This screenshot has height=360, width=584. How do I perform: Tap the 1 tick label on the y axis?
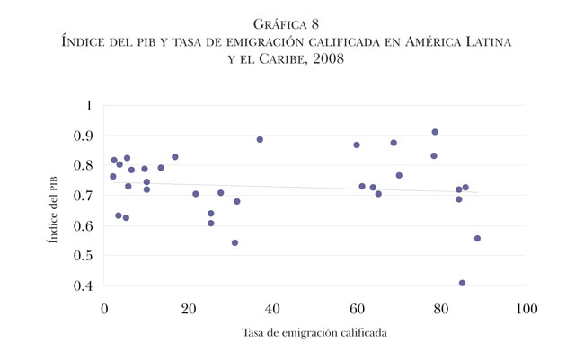(x=88, y=106)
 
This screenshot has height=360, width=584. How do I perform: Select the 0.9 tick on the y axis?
(x=84, y=136)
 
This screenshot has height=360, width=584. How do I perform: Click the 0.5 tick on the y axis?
(x=84, y=256)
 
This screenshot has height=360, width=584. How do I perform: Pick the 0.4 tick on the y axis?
(x=84, y=285)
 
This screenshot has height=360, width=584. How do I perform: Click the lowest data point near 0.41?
(x=462, y=283)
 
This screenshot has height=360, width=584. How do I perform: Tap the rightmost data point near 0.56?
(x=477, y=239)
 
